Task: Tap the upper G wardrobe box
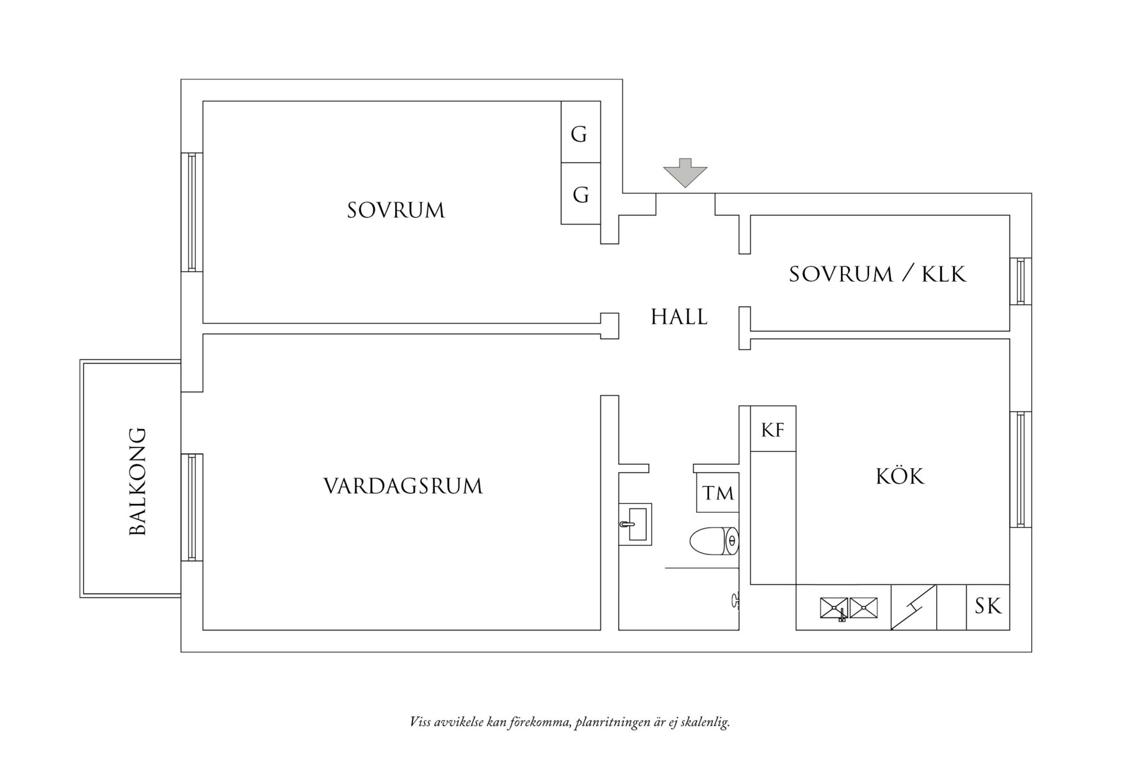(x=580, y=133)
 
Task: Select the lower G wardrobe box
(x=580, y=193)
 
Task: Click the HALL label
(x=679, y=317)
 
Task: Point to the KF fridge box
(x=773, y=429)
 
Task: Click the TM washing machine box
(x=717, y=493)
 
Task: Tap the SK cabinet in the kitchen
(x=988, y=606)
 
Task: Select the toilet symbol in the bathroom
(x=714, y=542)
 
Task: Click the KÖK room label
(x=900, y=476)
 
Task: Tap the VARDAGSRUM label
(x=403, y=486)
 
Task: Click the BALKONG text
(x=138, y=481)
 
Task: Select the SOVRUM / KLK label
(x=877, y=274)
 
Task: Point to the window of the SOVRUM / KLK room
(x=1020, y=281)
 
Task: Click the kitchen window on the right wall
(x=1020, y=469)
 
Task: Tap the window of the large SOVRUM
(x=191, y=212)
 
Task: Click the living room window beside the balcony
(x=191, y=507)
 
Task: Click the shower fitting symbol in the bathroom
(x=735, y=601)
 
